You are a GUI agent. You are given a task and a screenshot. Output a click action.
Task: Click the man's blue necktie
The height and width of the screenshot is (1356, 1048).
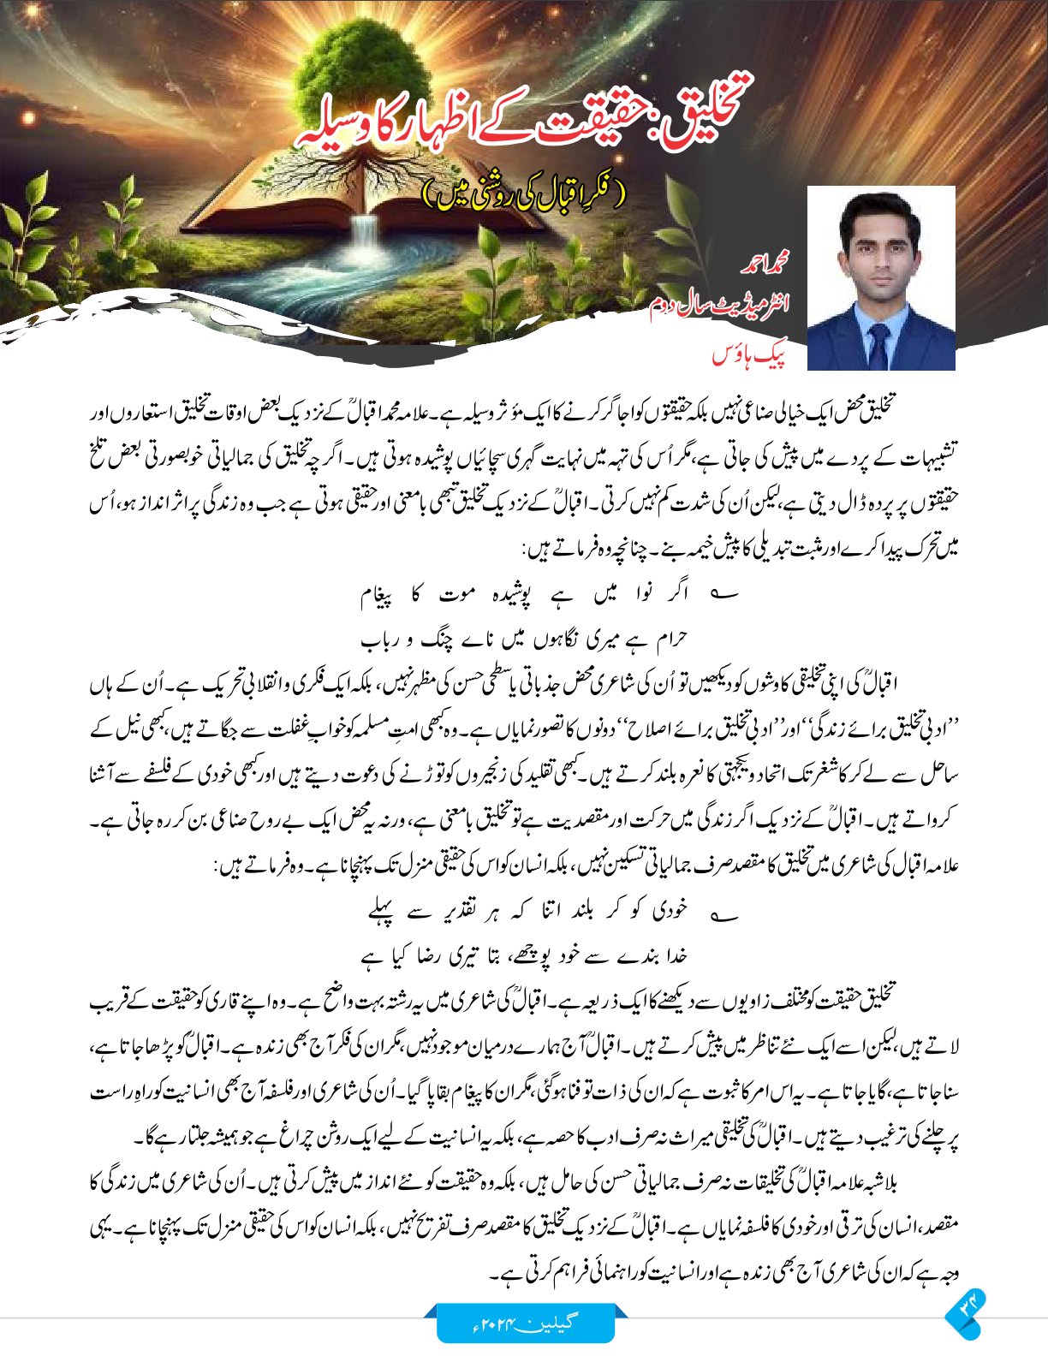click(878, 343)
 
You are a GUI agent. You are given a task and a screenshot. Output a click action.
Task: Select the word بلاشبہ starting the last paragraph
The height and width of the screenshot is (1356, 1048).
click(877, 1183)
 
